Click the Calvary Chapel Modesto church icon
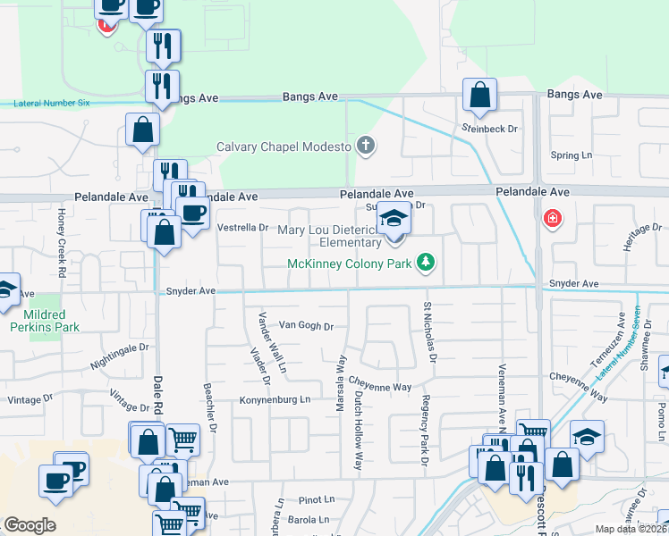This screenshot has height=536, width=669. [365, 146]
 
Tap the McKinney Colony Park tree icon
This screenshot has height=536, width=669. [428, 262]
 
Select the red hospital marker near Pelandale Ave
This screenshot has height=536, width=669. [553, 218]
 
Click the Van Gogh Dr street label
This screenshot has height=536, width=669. [306, 326]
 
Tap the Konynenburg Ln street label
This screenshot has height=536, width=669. [275, 399]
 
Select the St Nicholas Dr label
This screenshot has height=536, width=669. [429, 332]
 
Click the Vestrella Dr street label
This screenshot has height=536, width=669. [243, 227]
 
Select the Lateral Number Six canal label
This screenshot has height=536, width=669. [52, 103]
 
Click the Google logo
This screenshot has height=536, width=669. [30, 525]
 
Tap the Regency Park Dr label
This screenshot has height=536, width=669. [426, 431]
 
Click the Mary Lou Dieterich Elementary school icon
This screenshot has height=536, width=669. [392, 217]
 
